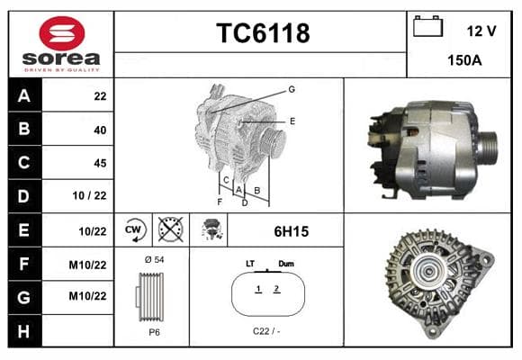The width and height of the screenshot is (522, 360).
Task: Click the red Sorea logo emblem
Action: tap(62, 33)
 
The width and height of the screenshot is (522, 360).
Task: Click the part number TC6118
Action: tap(263, 33)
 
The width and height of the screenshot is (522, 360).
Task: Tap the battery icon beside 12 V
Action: tap(427, 26)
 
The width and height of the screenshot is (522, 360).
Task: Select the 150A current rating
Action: tap(464, 60)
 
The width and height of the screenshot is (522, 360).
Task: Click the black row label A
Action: tap(24, 96)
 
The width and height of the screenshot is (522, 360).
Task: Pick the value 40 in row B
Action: tap(100, 130)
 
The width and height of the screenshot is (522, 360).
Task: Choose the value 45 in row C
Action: tap(100, 163)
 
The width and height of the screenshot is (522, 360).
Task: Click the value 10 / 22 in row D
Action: tap(90, 195)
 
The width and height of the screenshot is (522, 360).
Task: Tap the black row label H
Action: tap(24, 331)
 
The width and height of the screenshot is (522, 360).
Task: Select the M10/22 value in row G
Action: tap(87, 296)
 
